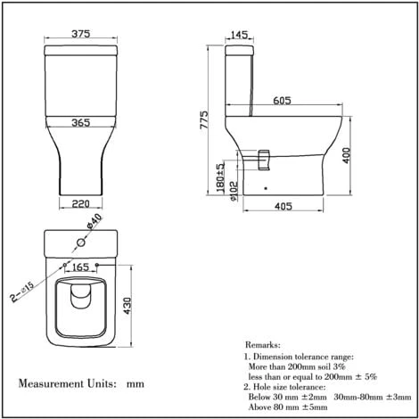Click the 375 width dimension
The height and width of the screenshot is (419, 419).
pyautogui.click(x=81, y=35)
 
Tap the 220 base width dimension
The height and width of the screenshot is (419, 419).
pyautogui.click(x=81, y=202)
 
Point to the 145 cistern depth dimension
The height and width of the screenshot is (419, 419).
pyautogui.click(x=239, y=35)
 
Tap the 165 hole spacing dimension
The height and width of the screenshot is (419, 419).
pyautogui.click(x=80, y=267)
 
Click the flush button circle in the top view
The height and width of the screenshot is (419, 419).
pyautogui.click(x=80, y=242)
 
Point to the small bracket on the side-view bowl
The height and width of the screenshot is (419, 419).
pyautogui.click(x=263, y=158)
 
